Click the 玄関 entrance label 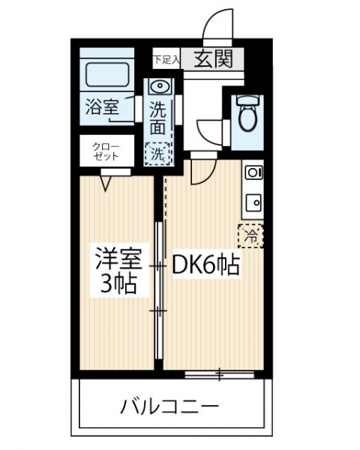pos(213,59)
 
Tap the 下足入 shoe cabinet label pos(166,60)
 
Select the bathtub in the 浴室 pos(107,74)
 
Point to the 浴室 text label pos(102,106)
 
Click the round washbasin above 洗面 pos(160,86)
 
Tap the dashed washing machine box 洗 pos(157,154)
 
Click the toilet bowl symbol pos(247,112)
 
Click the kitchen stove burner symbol pos(254,172)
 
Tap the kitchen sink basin pos(253,203)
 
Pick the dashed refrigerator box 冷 pos(250,236)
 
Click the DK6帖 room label pos(205,265)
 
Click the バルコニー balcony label pos(169,406)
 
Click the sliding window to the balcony pos(220,374)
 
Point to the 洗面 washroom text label pos(158,118)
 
